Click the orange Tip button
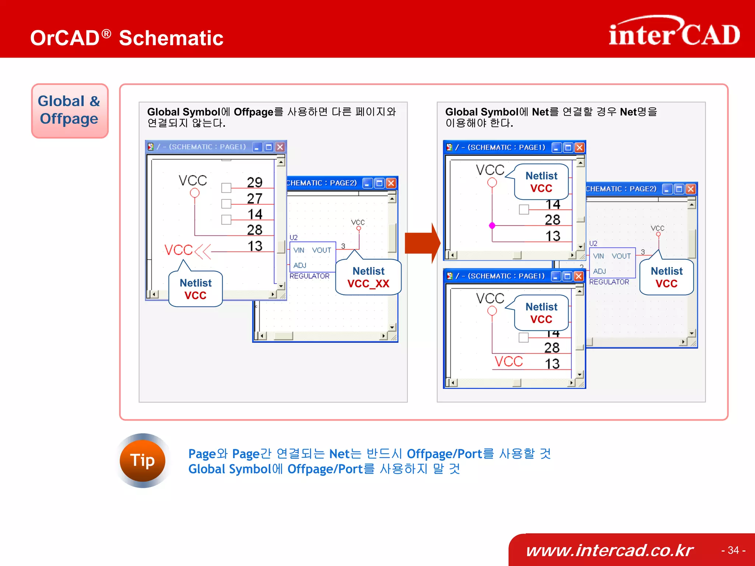(142, 460)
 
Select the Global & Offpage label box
(70, 110)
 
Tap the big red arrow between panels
(422, 243)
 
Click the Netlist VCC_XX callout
(368, 277)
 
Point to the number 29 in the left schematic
(254, 182)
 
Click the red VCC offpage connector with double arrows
(187, 250)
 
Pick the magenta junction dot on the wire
(492, 225)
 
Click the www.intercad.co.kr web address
(609, 550)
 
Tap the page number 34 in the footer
(733, 550)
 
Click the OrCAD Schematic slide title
(127, 38)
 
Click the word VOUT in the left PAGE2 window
(321, 250)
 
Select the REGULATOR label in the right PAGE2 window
(609, 282)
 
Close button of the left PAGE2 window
(391, 183)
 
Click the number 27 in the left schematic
(254, 198)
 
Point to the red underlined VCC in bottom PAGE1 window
(509, 362)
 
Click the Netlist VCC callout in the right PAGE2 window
(667, 277)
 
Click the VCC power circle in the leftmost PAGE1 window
(195, 193)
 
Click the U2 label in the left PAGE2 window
(293, 238)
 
